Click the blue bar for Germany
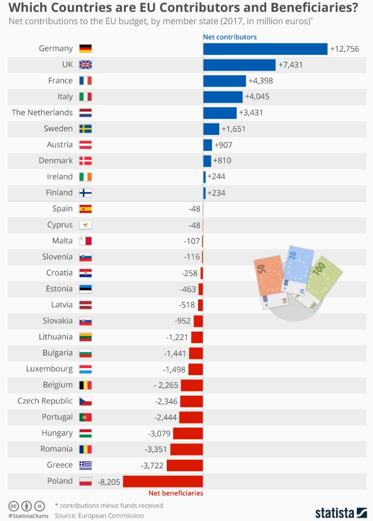coord(265,48)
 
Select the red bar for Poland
coord(163,481)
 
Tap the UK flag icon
coord(85,65)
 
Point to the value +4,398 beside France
coord(261,81)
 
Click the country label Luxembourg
coord(49,369)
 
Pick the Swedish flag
coord(85,129)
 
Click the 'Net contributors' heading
coord(230,37)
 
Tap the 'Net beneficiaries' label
coord(175,493)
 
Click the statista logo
coord(341,512)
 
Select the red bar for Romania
coord(186,449)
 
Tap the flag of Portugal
coord(85,417)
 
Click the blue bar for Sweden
coord(211,129)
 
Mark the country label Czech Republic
coord(45,401)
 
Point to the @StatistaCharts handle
coord(26,515)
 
